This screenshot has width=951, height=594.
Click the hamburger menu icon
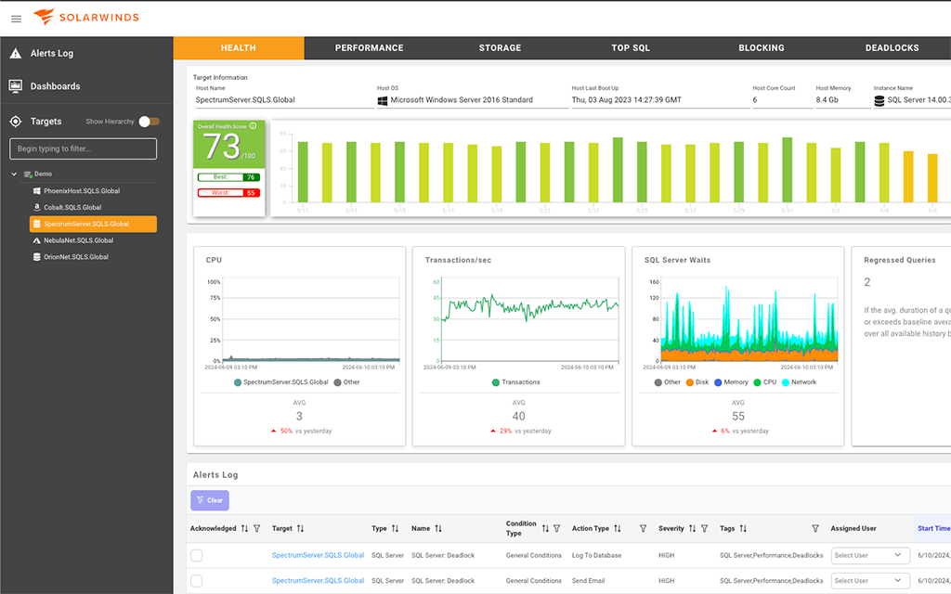pos(16,19)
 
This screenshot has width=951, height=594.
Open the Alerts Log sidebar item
pos(51,54)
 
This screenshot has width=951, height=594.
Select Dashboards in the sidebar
pos(55,86)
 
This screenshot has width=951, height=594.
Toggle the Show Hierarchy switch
pos(149,122)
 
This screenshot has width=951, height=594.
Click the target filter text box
pos(83,148)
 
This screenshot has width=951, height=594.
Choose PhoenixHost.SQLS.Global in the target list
pos(82,191)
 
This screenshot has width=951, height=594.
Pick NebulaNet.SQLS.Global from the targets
pos(78,240)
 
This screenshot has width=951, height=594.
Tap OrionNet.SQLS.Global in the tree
pos(76,257)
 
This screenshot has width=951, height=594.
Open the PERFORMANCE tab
pos(369,48)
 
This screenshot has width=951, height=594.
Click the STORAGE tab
pos(500,48)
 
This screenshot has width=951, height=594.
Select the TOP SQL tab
pos(631,48)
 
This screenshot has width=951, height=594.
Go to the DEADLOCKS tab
pos(892,48)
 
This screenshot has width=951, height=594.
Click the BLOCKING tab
pos(761,48)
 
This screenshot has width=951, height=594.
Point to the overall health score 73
pos(223,146)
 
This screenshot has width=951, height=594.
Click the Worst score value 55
pos(250,193)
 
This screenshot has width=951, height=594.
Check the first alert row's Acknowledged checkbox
pos(196,555)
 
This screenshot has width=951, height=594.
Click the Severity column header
pos(671,528)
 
